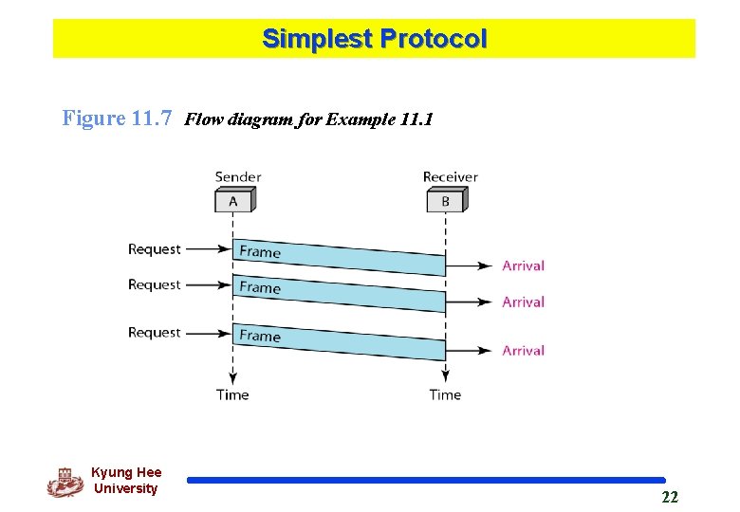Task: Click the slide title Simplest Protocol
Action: tap(374, 39)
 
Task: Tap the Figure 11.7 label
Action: tap(117, 119)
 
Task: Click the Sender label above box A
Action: tap(238, 176)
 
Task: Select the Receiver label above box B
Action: tap(450, 176)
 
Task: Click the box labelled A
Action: tap(233, 201)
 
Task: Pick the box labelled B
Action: tap(445, 201)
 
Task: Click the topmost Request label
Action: tap(154, 249)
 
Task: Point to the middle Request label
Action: tap(154, 284)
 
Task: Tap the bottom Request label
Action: tap(154, 333)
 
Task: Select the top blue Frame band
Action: tap(339, 257)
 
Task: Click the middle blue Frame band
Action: tap(339, 293)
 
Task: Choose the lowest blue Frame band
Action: tap(339, 341)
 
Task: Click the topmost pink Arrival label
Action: tap(523, 266)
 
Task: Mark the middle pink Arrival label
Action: tap(523, 302)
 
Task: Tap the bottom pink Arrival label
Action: tap(523, 351)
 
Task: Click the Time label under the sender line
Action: tap(232, 394)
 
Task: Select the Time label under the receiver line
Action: tap(445, 394)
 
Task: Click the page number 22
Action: tap(670, 498)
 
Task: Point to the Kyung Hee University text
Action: tap(126, 481)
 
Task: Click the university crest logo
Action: tap(65, 482)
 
